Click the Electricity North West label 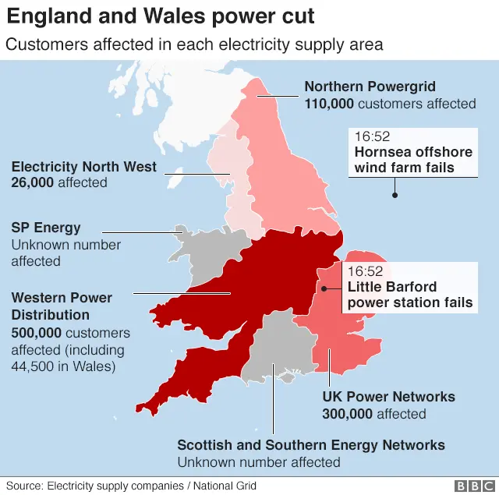tap(83, 167)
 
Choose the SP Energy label tap(46, 228)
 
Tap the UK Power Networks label tap(388, 397)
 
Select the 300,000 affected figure tap(349, 414)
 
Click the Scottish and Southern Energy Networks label tap(311, 445)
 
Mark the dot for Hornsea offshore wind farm tap(395, 195)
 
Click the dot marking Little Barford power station tap(322, 288)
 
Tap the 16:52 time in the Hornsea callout tap(371, 135)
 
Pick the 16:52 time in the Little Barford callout tap(366, 271)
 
